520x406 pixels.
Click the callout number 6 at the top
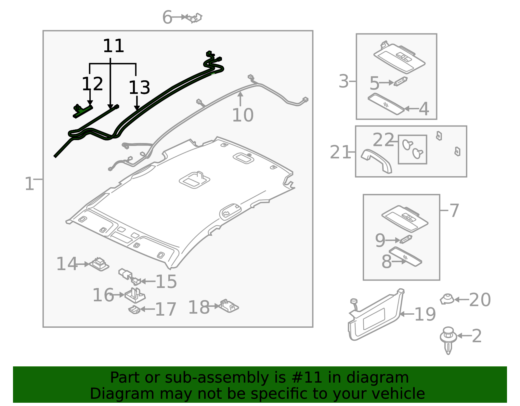pyautogui.click(x=167, y=17)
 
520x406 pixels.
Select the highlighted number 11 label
pyautogui.click(x=113, y=46)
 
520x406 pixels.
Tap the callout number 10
pyautogui.click(x=243, y=115)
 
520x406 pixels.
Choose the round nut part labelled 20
pyautogui.click(x=447, y=299)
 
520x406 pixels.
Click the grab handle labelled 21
pyautogui.click(x=376, y=161)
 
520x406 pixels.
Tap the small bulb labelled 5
pyautogui.click(x=401, y=81)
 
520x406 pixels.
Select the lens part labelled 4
pyautogui.click(x=386, y=104)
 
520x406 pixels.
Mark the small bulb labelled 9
pyautogui.click(x=406, y=239)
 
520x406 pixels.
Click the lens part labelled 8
pyautogui.click(x=405, y=256)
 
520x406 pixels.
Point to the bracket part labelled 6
pyautogui.click(x=194, y=18)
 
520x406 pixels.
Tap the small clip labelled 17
pyautogui.click(x=134, y=309)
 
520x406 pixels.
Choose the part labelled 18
pyautogui.click(x=229, y=306)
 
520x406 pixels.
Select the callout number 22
pyautogui.click(x=383, y=140)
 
